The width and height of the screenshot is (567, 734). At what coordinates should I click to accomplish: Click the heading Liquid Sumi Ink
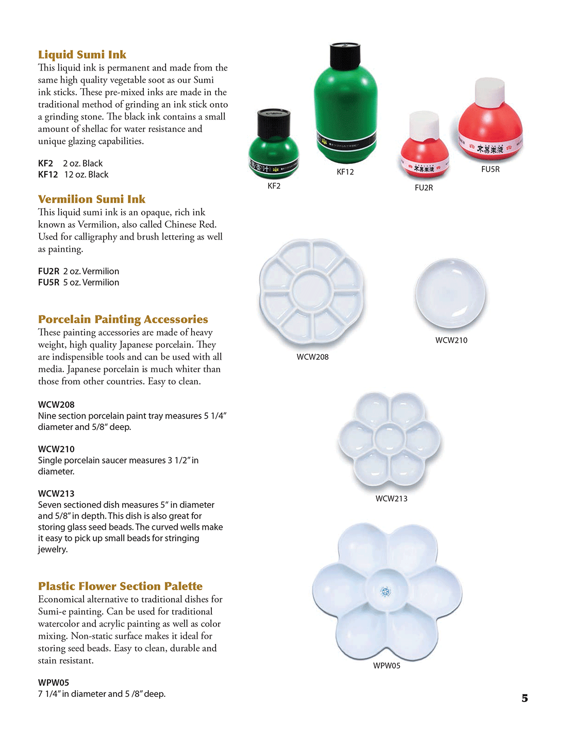pos(82,55)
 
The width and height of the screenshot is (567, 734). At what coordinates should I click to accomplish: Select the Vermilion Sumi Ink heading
pos(92,199)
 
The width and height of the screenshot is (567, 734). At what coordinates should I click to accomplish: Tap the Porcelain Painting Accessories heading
pos(123,319)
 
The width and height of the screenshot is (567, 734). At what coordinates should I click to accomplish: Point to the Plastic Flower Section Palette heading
pos(120,586)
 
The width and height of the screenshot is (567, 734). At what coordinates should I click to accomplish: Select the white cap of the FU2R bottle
pos(424,125)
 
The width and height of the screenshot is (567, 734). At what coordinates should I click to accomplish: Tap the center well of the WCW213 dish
pos(390,439)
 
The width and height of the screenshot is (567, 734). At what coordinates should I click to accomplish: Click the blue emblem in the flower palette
pos(386,591)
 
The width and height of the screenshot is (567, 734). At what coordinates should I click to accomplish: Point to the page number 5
pos(525,698)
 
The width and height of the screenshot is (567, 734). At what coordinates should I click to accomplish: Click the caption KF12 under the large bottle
pos(345,172)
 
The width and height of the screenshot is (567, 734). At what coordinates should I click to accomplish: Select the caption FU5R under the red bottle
pos(490,169)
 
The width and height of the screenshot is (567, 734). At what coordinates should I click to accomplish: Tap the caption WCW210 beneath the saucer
pos(451,340)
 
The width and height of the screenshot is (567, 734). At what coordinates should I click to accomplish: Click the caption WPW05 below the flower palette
pos(387,665)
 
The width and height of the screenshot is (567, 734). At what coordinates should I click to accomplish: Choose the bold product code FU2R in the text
pos(48,271)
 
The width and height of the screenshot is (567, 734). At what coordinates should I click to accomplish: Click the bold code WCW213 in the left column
pos(56,493)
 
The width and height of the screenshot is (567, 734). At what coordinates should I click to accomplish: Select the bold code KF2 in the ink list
pos(45,163)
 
